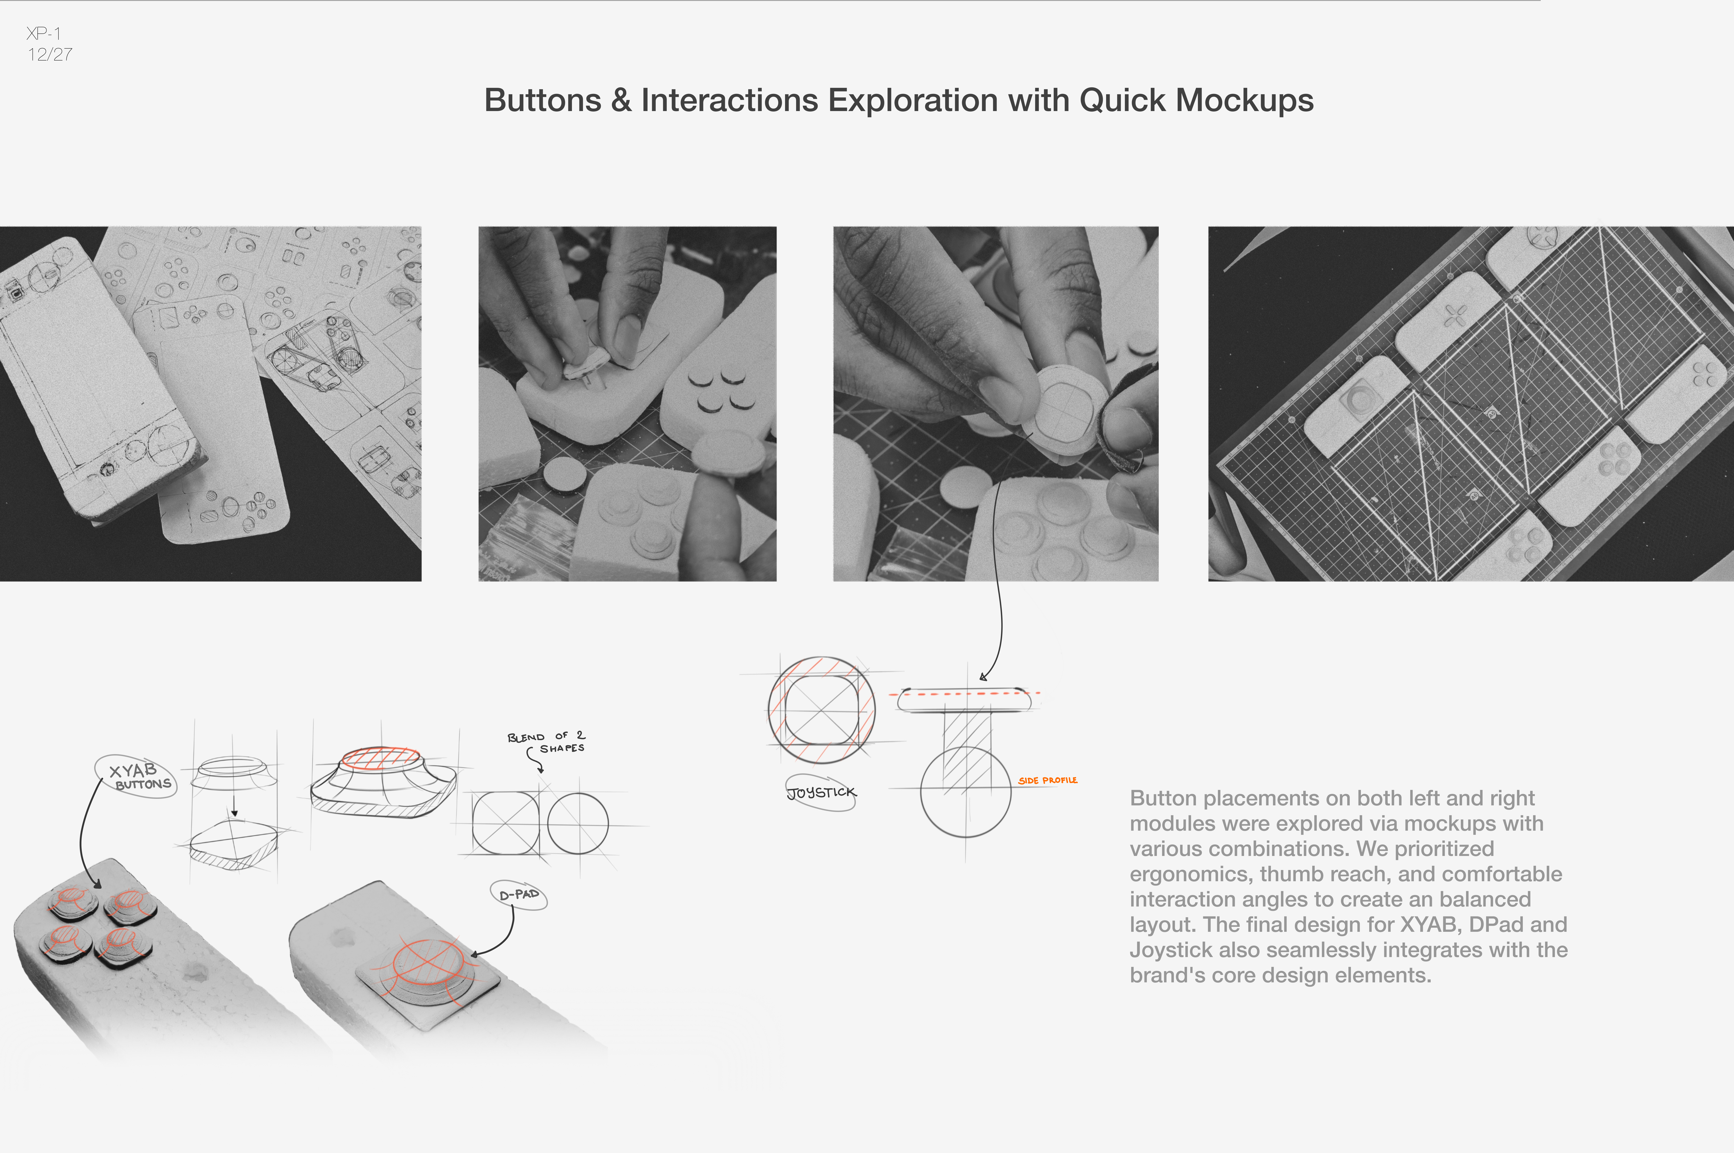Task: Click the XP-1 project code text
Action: point(43,33)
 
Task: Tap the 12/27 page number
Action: point(50,54)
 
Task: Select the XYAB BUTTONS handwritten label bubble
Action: point(136,776)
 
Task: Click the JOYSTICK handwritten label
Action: point(821,792)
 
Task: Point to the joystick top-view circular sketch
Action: point(821,710)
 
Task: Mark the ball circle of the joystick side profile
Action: point(965,792)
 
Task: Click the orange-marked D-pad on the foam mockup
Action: point(429,965)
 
